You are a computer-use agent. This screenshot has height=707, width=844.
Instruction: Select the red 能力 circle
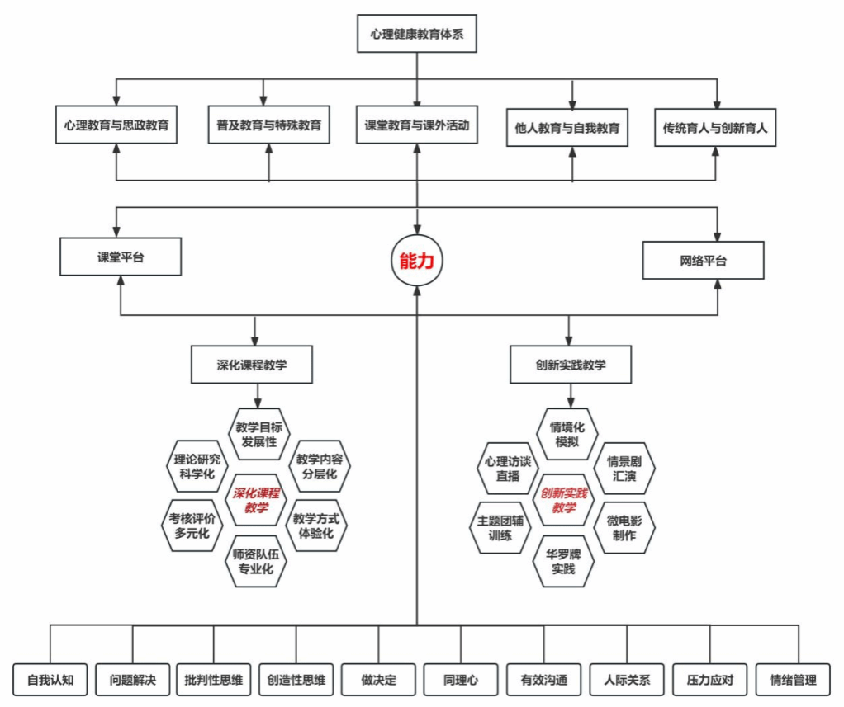click(x=416, y=262)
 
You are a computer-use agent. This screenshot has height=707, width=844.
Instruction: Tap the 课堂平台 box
click(x=120, y=257)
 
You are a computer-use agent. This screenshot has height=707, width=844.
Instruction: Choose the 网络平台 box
click(x=704, y=261)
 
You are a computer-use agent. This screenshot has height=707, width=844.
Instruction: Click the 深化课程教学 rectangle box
click(x=252, y=365)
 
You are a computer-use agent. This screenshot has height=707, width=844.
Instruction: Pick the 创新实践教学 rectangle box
click(x=570, y=365)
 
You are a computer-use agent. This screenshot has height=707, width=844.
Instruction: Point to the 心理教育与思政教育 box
click(x=116, y=125)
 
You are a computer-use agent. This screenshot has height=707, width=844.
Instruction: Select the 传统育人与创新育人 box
click(x=715, y=128)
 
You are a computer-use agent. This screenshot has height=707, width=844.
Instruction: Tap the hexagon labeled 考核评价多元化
click(x=191, y=525)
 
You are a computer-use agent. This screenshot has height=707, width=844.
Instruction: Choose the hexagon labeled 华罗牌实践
click(x=563, y=560)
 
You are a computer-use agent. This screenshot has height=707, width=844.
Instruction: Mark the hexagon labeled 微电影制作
click(x=624, y=527)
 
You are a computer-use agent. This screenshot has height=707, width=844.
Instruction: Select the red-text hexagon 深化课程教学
click(x=256, y=500)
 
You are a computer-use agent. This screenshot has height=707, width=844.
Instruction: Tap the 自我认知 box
click(x=50, y=681)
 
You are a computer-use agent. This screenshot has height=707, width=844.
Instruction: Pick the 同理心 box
click(x=461, y=681)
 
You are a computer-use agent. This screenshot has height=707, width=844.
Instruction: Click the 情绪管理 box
click(x=793, y=681)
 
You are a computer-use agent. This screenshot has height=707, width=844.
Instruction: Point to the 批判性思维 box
click(x=214, y=681)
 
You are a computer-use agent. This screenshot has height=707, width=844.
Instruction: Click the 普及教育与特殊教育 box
click(x=269, y=125)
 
